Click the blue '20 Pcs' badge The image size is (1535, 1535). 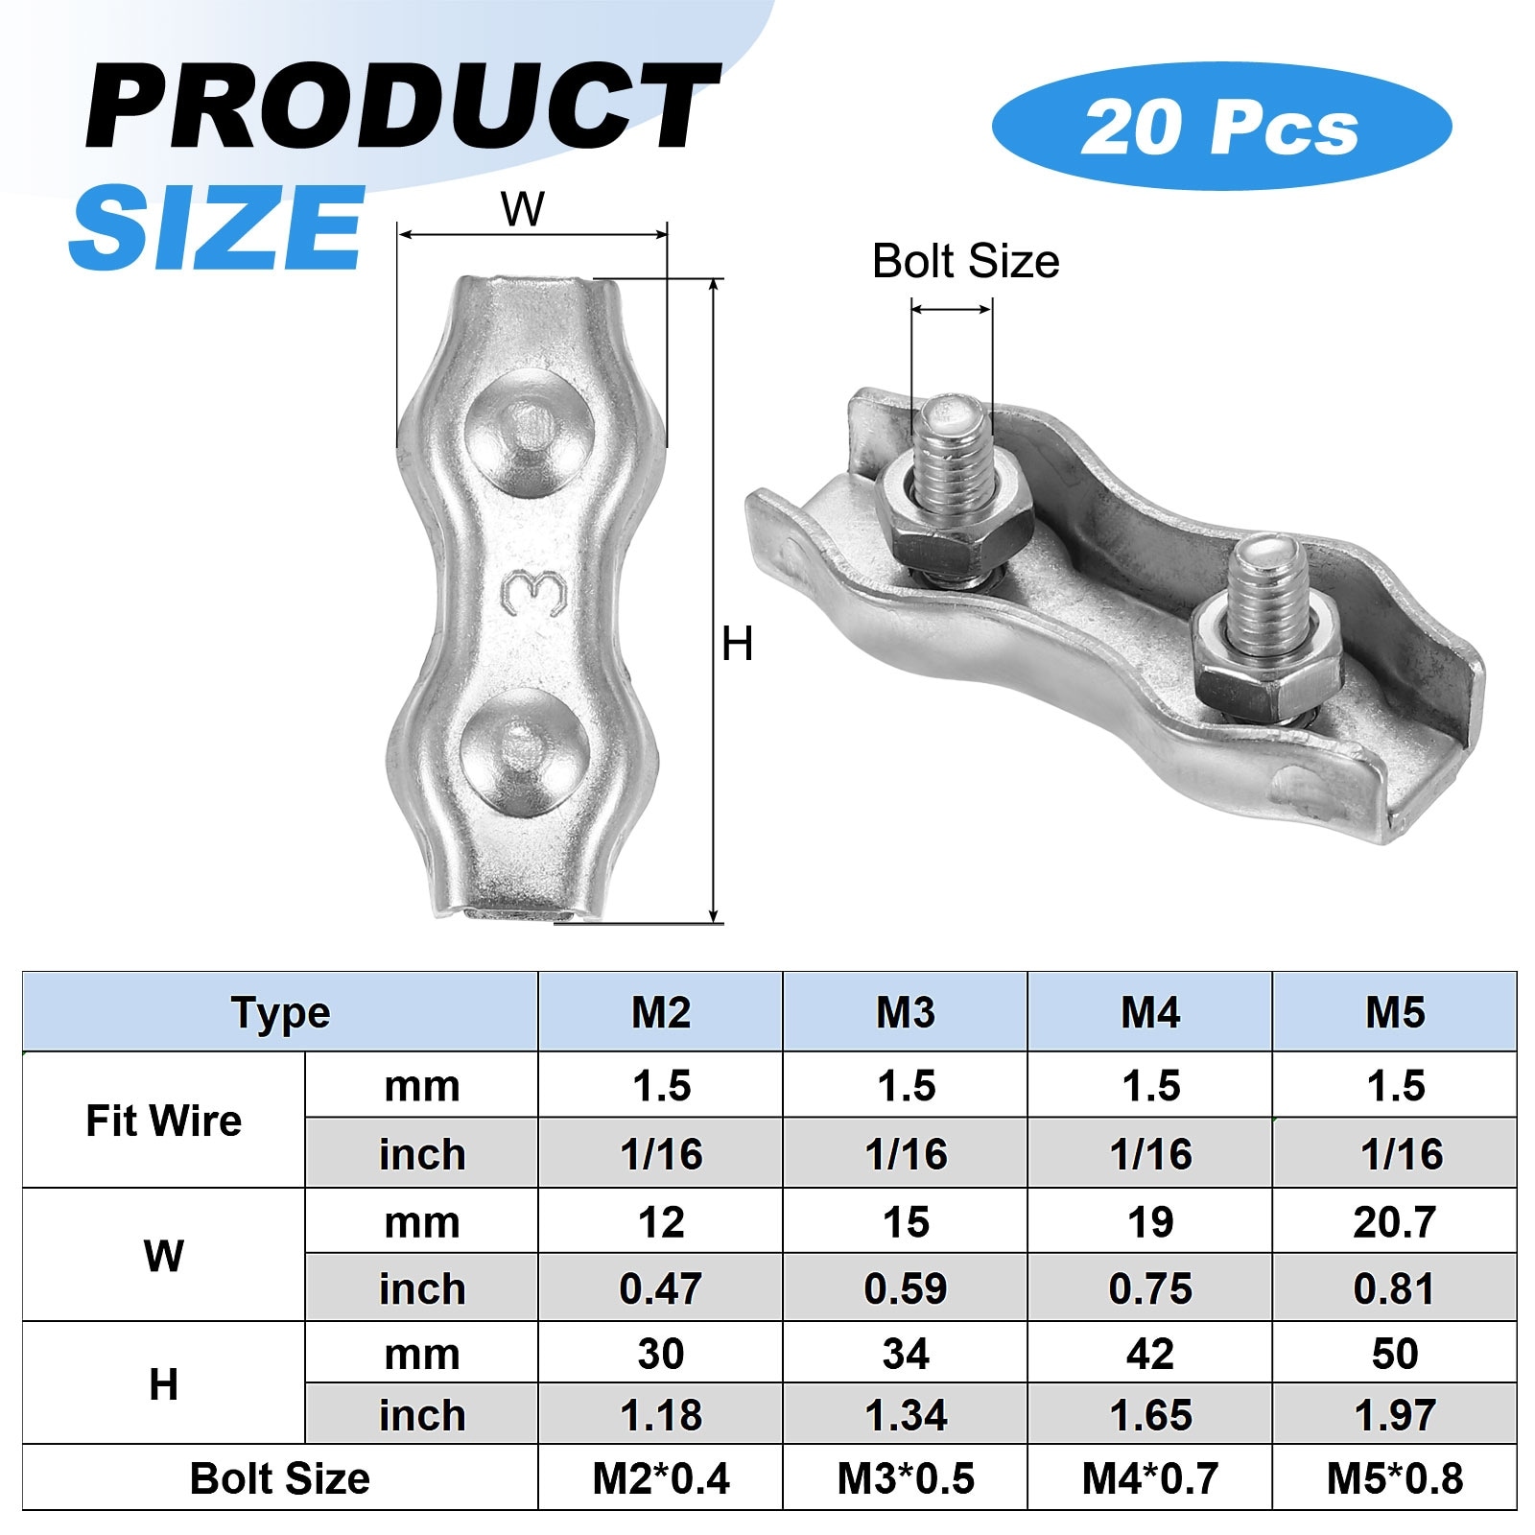[x=1221, y=127]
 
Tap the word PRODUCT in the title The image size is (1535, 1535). [x=403, y=105]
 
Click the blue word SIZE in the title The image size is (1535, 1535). [x=217, y=226]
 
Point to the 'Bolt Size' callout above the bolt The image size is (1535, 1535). [x=965, y=261]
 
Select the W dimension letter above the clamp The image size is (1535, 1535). [x=523, y=209]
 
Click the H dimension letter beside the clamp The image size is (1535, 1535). [x=737, y=644]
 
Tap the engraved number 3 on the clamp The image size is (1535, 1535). [x=533, y=595]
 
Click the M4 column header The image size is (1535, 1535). [x=1149, y=1012]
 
